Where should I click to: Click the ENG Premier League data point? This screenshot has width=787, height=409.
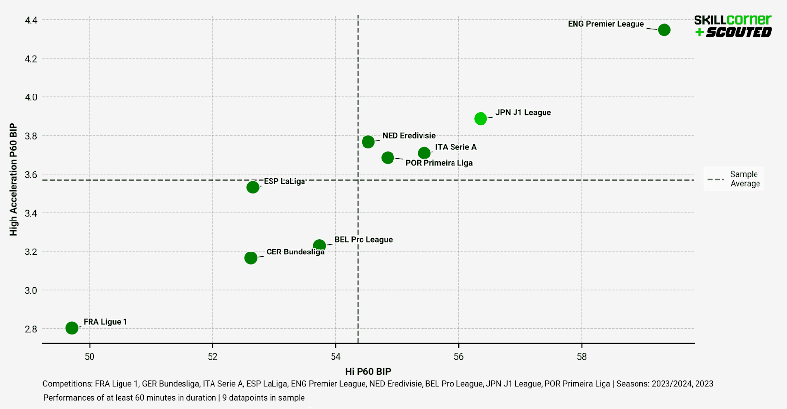coord(664,30)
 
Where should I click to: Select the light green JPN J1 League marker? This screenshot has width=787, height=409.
coord(481,119)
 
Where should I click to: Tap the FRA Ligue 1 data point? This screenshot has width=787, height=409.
coord(72,328)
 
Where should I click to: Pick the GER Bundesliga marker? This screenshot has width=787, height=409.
coord(251,258)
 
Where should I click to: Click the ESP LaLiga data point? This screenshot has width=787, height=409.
coord(253,187)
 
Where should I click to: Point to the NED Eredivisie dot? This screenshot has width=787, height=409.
coord(368,142)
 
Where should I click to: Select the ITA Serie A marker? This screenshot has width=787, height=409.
coord(424,153)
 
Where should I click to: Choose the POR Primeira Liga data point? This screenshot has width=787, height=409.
coord(388,158)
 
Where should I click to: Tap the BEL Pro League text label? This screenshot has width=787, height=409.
coord(363,240)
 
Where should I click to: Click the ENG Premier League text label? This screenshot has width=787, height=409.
coord(605,24)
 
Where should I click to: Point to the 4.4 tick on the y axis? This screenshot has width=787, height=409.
coord(31,20)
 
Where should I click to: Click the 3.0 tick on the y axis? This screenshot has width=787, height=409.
coord(31,290)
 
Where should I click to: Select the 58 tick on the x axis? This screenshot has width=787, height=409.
coord(582,357)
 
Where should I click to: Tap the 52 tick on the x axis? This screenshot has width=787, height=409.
coord(212,357)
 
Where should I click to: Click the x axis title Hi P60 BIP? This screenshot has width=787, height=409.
coord(368,372)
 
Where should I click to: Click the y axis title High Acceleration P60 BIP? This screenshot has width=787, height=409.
coord(14,179)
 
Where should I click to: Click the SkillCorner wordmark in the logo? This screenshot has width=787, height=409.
coord(732,20)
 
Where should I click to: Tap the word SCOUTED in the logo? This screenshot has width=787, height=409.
coord(739,32)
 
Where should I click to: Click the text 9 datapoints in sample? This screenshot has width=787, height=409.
coord(264,398)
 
